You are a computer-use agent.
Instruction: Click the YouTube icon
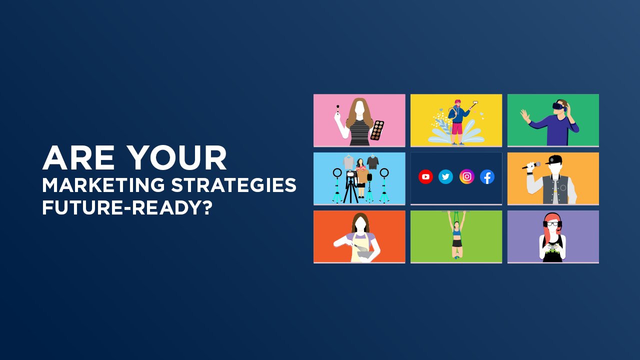click(425, 176)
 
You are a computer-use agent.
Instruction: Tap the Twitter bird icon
click(445, 176)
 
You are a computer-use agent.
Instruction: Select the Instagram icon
click(466, 176)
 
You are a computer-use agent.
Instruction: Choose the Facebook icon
click(487, 176)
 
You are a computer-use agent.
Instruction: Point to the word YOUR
click(177, 158)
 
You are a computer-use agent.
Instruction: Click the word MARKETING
click(103, 185)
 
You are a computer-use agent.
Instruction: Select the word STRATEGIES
click(234, 185)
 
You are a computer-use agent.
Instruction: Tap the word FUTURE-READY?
click(127, 207)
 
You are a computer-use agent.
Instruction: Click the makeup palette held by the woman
click(377, 130)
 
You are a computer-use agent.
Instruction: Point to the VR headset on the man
click(558, 106)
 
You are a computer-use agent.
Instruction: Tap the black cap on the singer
click(554, 160)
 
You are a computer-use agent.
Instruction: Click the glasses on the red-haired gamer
click(552, 224)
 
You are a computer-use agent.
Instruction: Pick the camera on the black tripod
click(351, 174)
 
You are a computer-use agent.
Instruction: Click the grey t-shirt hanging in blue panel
click(348, 162)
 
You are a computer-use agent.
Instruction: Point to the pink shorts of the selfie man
click(456, 128)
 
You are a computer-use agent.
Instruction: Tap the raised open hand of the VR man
click(524, 115)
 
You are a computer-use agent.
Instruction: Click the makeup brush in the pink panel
click(337, 109)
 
